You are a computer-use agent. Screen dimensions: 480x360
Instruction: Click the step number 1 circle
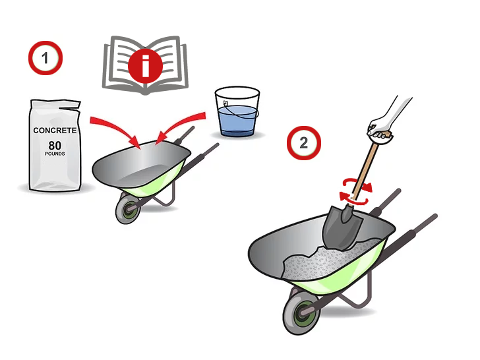pyautogui.click(x=45, y=58)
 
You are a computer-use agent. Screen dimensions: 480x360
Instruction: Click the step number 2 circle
pyautogui.click(x=304, y=143)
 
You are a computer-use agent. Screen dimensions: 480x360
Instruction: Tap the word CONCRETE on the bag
pyautogui.click(x=55, y=131)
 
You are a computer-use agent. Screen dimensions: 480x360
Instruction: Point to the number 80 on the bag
pyautogui.click(x=55, y=146)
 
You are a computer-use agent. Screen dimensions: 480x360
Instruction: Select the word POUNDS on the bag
pyautogui.click(x=55, y=154)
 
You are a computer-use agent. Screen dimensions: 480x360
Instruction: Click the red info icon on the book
pyautogui.click(x=145, y=66)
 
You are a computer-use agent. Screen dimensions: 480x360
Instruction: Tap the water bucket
pyautogui.click(x=237, y=112)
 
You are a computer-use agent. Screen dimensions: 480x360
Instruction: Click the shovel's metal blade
pyautogui.click(x=342, y=227)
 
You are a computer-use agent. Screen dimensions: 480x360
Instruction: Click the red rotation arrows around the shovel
pyautogui.click(x=356, y=192)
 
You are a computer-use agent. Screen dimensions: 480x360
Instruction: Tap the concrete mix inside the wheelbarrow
pyautogui.click(x=328, y=262)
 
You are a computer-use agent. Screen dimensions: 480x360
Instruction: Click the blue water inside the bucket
pyautogui.click(x=237, y=121)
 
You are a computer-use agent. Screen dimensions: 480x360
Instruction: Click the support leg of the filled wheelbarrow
pyautogui.click(x=358, y=294)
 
